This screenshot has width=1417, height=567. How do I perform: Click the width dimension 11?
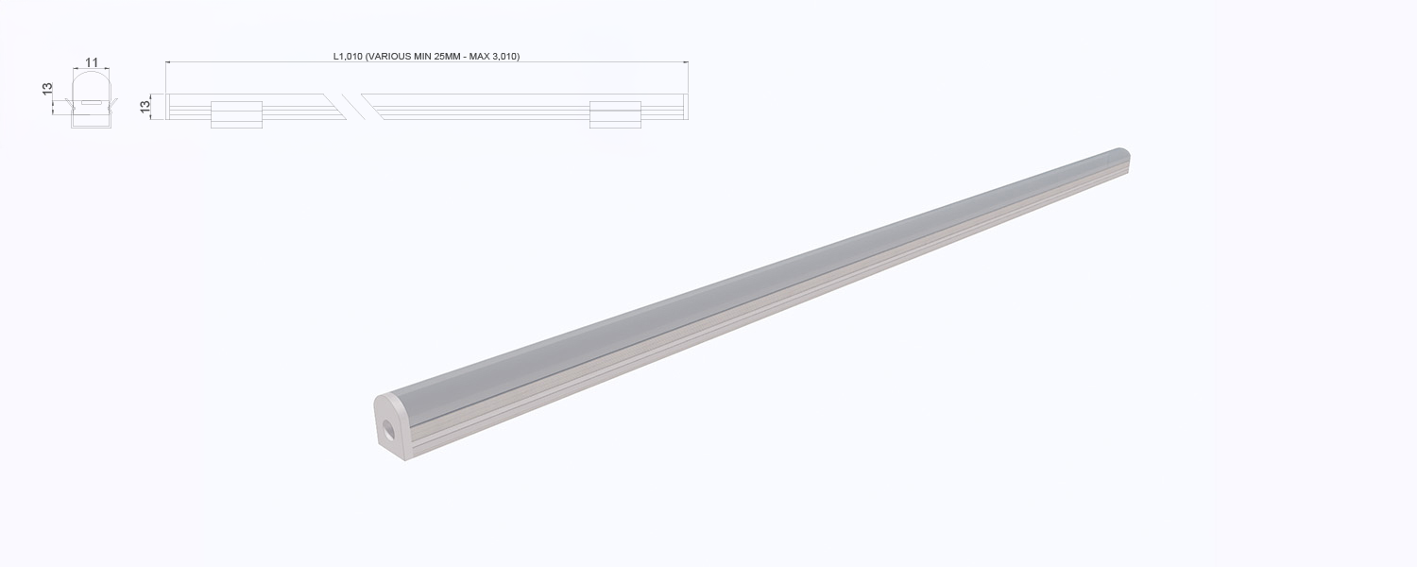pyautogui.click(x=92, y=62)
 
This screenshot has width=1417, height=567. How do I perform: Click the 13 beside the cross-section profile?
pyautogui.click(x=47, y=89)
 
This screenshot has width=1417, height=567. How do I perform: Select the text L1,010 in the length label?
pyautogui.click(x=348, y=57)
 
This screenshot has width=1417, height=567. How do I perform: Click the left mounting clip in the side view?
pyautogui.click(x=236, y=114)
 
